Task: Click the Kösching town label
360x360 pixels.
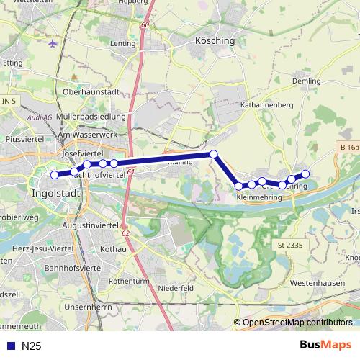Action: (215, 41)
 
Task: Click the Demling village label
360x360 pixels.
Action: (307, 82)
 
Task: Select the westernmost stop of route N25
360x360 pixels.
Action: (54, 174)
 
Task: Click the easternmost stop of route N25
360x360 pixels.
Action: (305, 173)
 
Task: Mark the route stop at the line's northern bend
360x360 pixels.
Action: (213, 154)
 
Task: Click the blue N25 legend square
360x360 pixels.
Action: (9, 346)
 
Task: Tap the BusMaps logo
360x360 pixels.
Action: (325, 345)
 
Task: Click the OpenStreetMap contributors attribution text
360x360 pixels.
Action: (297, 323)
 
